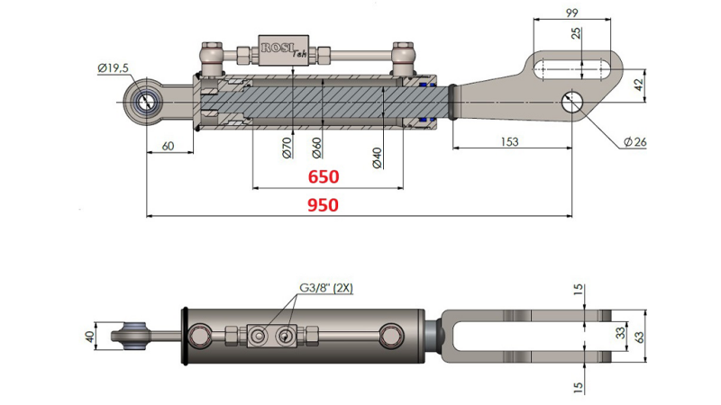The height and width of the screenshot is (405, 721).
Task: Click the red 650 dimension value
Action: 324,177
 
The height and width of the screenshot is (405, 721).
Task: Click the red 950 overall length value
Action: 323,205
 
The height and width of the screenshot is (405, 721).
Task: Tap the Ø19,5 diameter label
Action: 113,68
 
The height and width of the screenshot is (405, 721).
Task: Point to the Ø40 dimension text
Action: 377,154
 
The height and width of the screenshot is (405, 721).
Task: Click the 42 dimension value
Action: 637,85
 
